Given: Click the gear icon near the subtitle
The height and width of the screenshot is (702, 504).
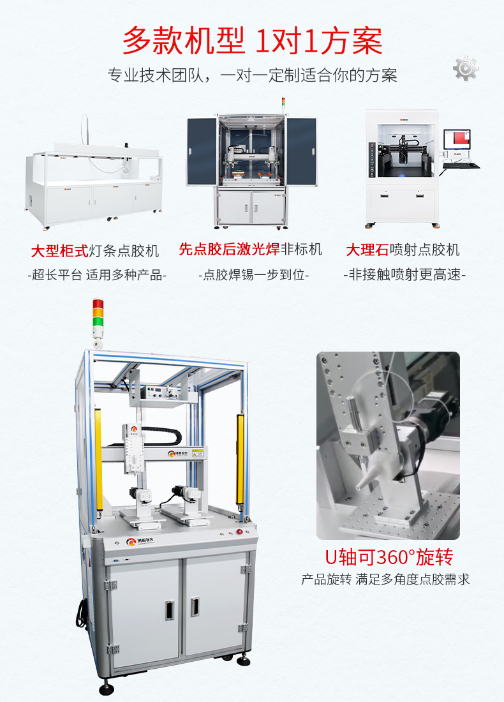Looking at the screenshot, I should (466, 68).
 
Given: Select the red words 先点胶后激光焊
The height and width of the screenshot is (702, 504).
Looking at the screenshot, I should (229, 249).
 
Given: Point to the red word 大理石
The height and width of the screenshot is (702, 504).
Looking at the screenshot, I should (366, 250).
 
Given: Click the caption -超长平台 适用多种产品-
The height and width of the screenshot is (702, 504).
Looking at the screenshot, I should (98, 276).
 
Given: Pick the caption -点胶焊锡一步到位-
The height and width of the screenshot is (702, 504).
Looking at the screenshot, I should (253, 276).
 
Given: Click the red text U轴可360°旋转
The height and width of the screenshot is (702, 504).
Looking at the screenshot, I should (389, 557).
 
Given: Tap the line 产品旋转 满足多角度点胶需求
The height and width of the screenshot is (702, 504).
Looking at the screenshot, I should (385, 580).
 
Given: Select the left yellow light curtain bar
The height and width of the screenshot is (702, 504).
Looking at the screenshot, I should (98, 459).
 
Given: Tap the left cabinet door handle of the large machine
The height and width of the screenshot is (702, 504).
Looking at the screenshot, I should (168, 610).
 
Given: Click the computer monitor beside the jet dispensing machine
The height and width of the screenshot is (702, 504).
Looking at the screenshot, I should (457, 142).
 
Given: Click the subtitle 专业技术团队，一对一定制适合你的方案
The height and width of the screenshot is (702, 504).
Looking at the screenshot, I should (252, 75).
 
